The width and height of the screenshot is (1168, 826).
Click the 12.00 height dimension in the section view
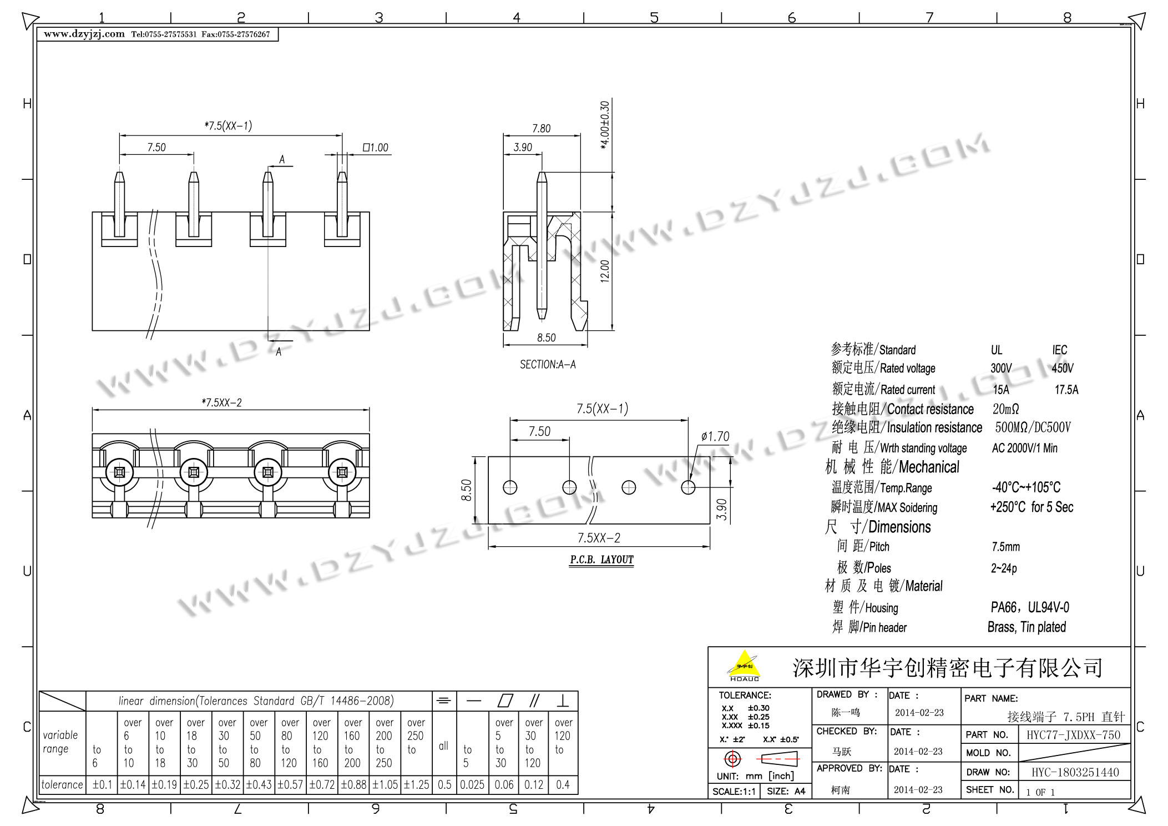point(605,271)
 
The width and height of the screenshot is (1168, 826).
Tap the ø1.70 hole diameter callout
point(715,437)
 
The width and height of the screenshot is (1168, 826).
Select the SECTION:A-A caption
point(548,365)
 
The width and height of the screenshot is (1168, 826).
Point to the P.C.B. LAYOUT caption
point(601,560)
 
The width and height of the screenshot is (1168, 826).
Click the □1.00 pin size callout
point(375,148)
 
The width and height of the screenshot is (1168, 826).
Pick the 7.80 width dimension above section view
point(542,128)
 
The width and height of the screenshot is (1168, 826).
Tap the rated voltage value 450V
point(1063,368)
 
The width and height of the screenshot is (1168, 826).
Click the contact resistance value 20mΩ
point(1006,409)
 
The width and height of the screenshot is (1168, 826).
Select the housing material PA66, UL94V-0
point(1030,607)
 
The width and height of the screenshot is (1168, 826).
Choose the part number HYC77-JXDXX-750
point(1073,735)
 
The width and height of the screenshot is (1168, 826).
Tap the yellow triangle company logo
point(744,665)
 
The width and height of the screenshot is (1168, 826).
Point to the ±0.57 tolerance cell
point(290,785)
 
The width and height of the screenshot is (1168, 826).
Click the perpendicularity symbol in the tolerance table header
point(563,701)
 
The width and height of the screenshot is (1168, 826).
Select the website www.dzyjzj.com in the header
point(84,34)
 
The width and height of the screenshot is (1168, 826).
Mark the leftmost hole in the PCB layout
point(510,487)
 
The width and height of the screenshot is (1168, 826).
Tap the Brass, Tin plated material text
point(1027,627)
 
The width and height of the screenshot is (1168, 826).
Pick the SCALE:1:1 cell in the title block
point(734,792)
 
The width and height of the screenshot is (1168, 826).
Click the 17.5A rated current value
point(1066,390)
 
